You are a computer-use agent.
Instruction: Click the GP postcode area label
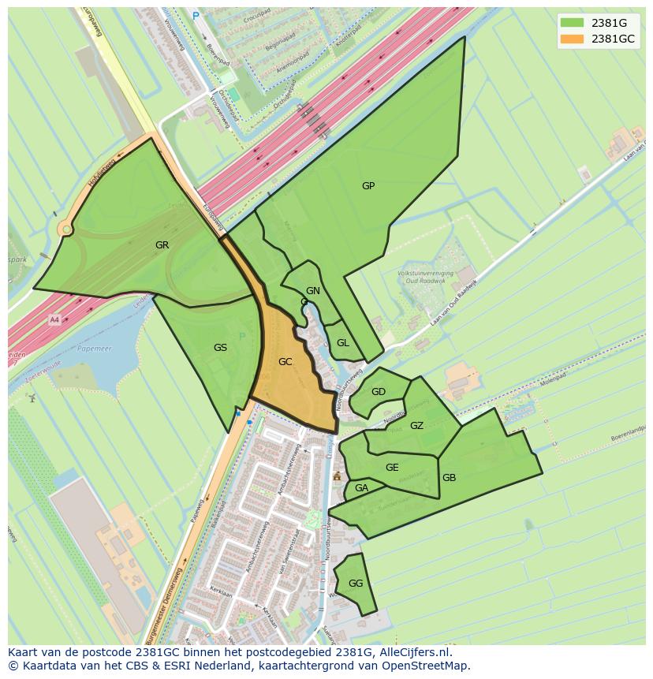coord(368,186)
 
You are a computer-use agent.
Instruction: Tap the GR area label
coord(162,245)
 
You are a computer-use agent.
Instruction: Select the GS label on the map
coord(220,347)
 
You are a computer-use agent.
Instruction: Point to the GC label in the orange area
coord(285,362)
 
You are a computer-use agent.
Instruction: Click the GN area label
coord(313,291)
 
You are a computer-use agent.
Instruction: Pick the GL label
coord(342,343)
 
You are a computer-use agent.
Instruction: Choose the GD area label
coord(379,392)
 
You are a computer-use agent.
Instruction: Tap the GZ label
coord(416,426)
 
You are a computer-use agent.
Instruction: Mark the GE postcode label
coord(392,468)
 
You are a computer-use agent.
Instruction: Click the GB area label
coord(449,478)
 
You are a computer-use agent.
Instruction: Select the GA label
coord(361,488)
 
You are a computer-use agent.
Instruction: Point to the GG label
coord(356,584)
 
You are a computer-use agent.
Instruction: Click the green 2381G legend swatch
coord(572,22)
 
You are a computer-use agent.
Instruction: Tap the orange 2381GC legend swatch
coord(572,39)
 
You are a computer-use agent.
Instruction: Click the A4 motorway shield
coord(54,319)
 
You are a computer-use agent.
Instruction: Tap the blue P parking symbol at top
coord(196,15)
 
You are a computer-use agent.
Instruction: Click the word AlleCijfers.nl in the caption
coord(414,652)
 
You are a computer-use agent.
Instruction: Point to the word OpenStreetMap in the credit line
coord(427,666)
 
